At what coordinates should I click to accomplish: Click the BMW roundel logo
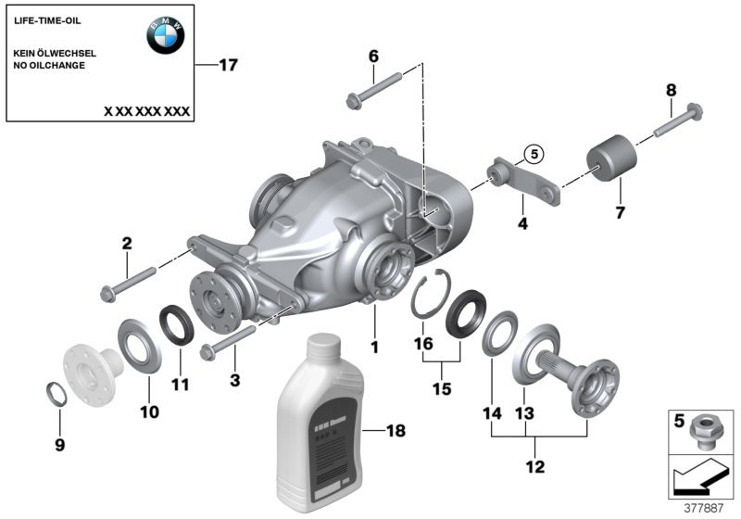point(165,36)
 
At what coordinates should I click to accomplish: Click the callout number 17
point(228,65)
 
